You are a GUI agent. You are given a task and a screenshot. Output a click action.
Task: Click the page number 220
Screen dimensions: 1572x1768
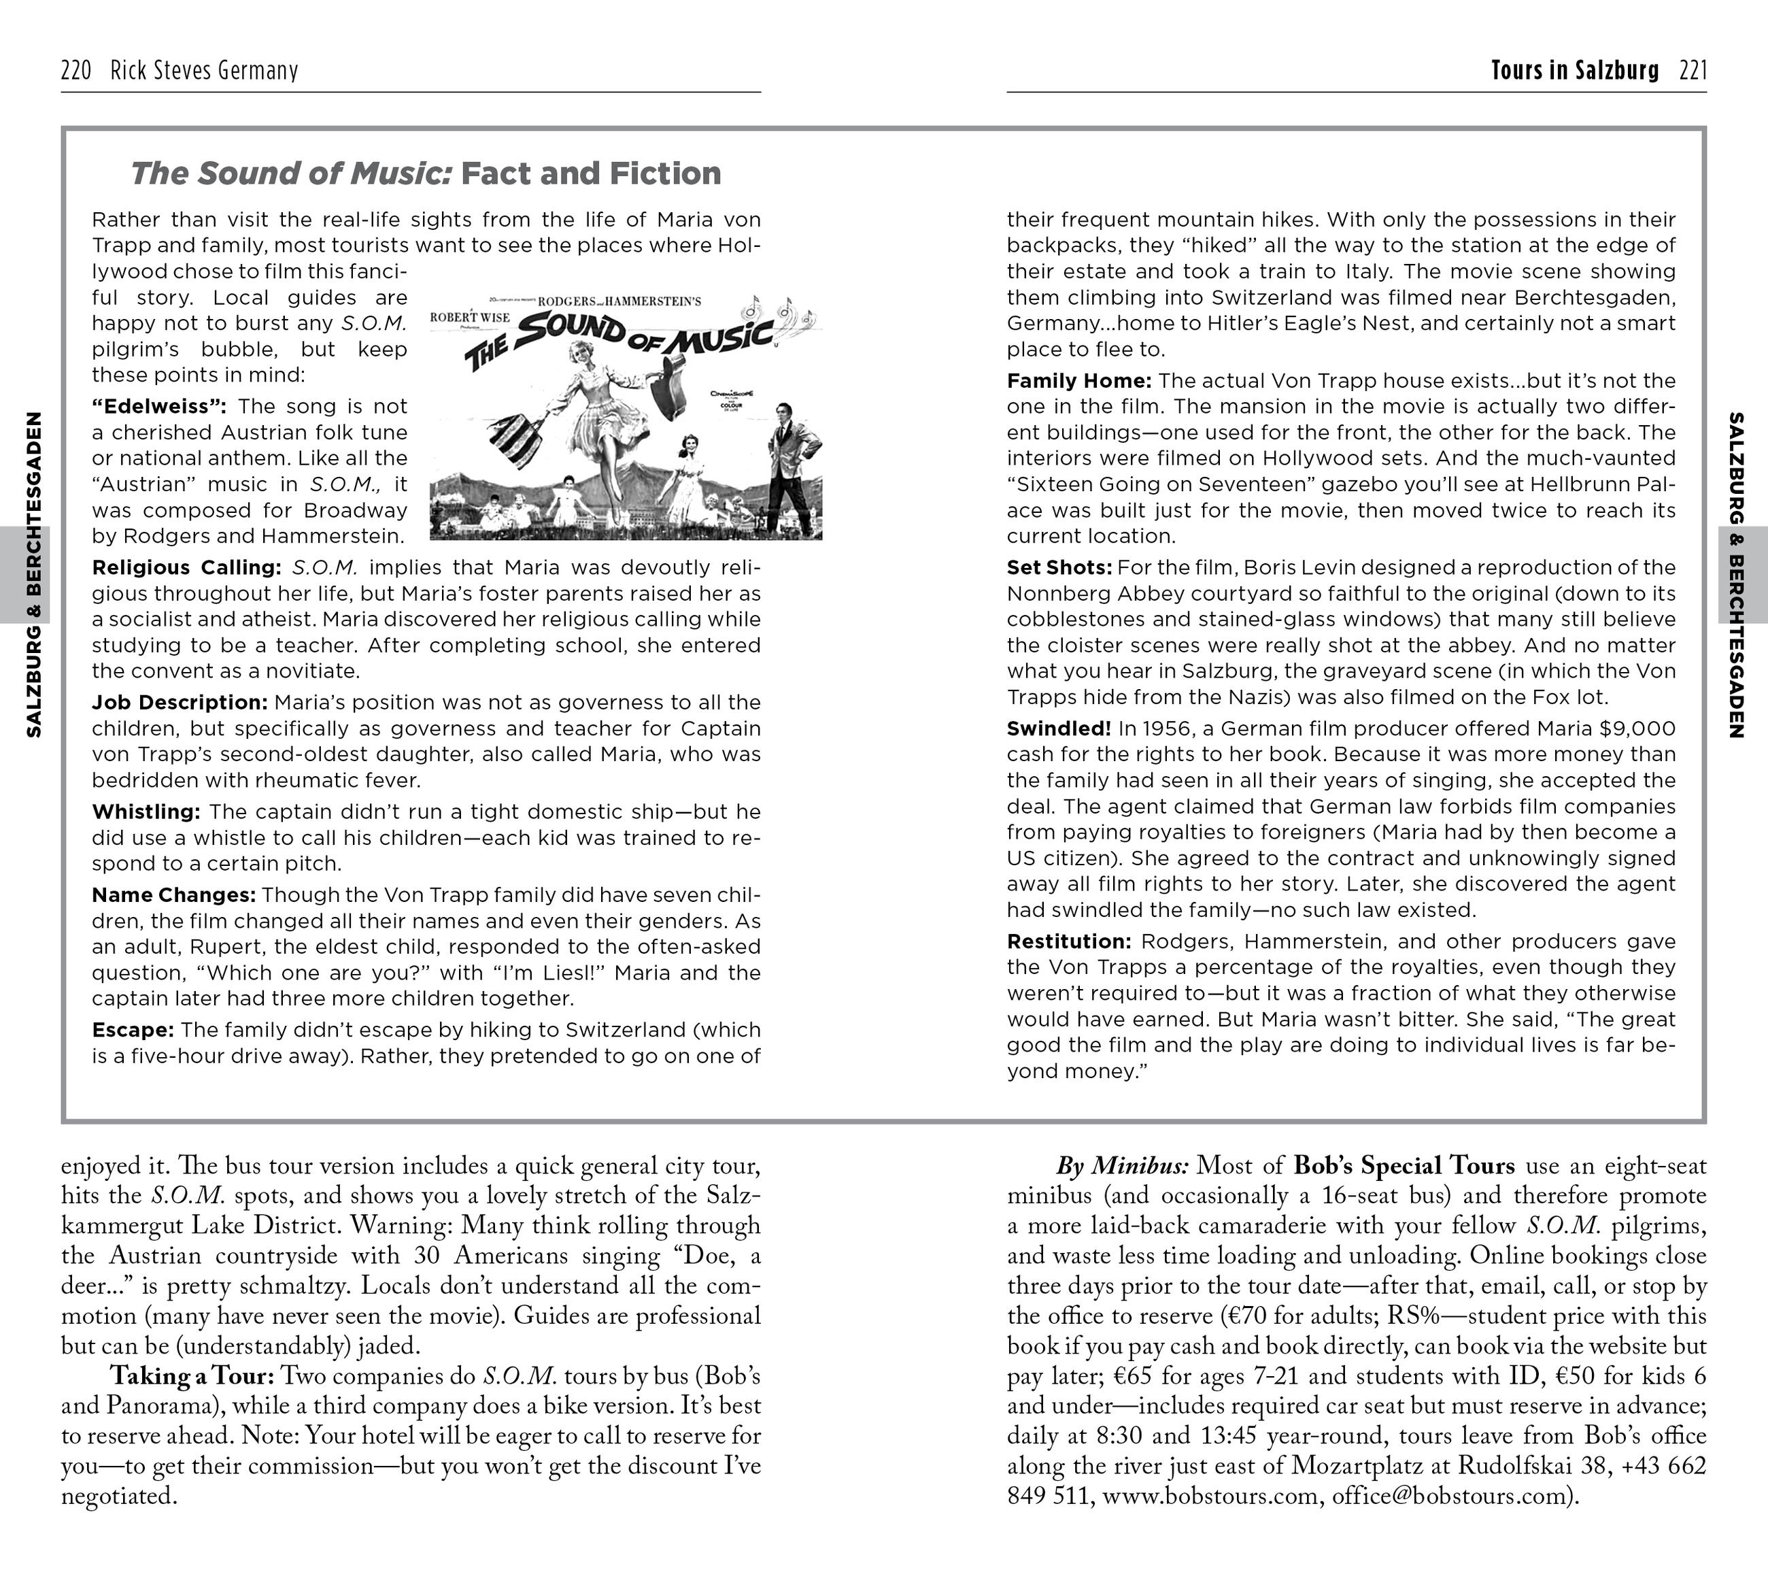coord(76,70)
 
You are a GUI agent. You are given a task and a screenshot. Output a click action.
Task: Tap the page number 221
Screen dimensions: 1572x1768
coord(1693,70)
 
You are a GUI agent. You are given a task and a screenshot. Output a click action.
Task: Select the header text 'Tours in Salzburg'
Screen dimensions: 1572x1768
coord(1574,70)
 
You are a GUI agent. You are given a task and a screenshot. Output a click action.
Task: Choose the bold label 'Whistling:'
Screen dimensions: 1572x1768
coord(146,812)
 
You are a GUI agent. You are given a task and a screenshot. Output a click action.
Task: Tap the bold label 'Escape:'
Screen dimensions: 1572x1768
coord(133,1030)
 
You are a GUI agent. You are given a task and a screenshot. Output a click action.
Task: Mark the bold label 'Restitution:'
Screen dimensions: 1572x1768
coord(1069,941)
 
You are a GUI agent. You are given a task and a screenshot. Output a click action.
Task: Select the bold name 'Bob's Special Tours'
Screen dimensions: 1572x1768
coord(1404,1166)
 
